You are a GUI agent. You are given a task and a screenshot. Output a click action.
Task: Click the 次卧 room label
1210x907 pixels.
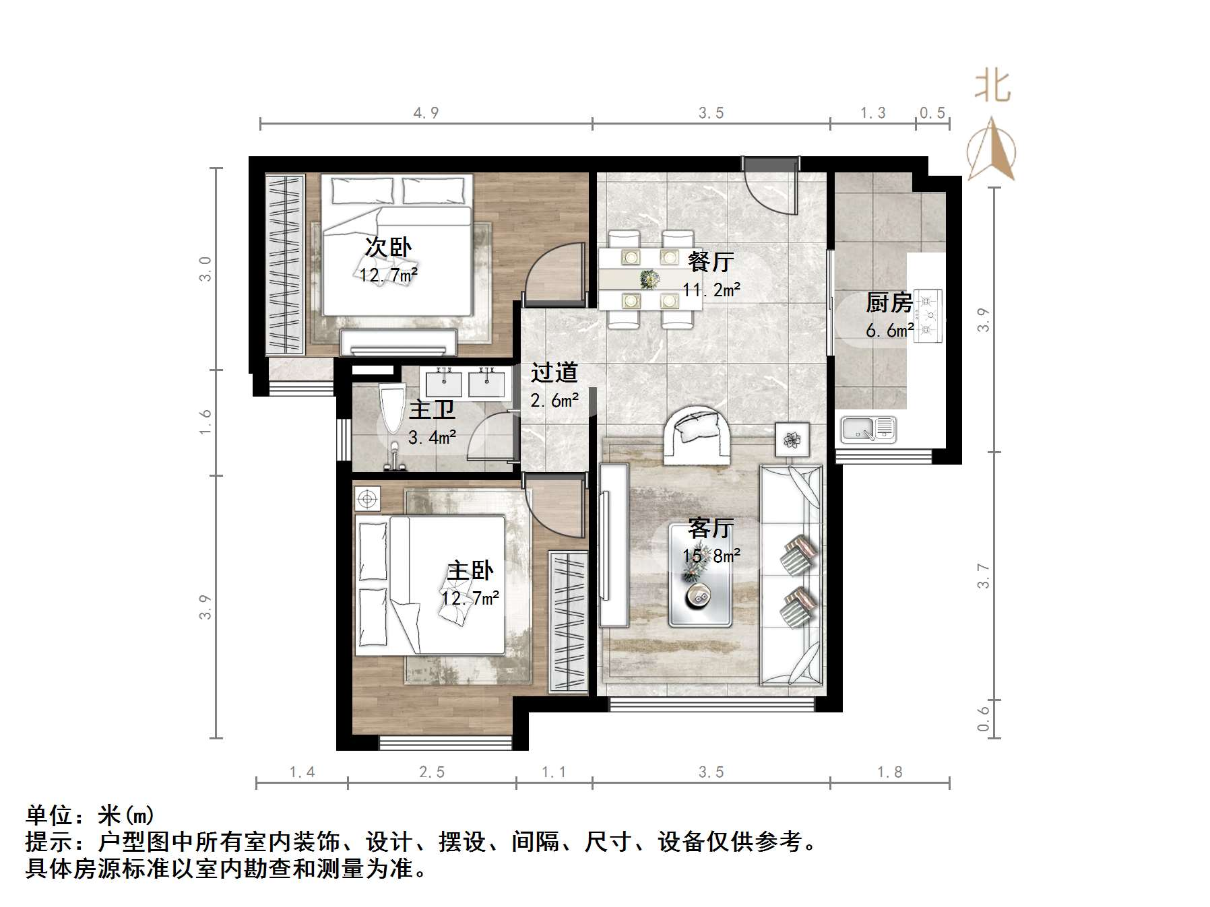388,247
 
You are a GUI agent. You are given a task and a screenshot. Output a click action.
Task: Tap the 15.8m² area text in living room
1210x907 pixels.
711,556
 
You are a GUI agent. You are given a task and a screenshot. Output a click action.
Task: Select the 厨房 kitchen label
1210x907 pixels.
889,303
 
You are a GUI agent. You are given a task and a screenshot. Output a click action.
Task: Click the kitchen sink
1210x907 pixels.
868,430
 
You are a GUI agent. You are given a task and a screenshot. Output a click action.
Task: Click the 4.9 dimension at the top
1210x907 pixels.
426,112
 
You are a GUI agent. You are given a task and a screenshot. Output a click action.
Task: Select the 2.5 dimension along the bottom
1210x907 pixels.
432,772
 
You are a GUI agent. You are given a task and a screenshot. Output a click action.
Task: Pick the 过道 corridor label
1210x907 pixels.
554,372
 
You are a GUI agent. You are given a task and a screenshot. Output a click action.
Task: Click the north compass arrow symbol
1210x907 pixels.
991,149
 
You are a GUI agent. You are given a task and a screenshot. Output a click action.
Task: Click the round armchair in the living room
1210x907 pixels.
697,434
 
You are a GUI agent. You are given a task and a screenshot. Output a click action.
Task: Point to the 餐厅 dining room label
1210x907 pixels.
711,261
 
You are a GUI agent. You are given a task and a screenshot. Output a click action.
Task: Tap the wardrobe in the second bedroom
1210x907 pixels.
285,264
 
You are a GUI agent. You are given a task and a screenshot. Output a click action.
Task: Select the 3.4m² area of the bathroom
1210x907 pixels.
432,438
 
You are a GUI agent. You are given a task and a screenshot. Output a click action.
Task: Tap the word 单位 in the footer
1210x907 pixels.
49,815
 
